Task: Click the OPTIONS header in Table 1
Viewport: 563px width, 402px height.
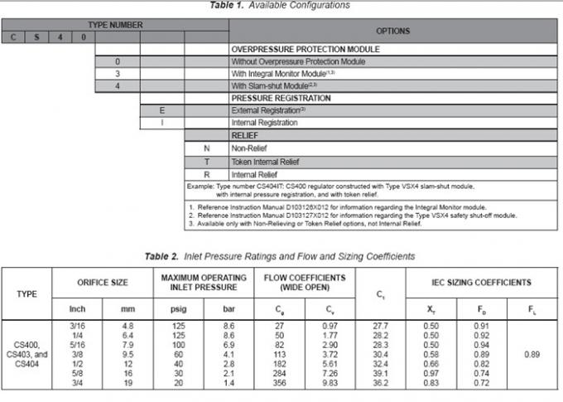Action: click(x=392, y=31)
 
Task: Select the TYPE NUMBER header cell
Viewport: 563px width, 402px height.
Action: click(x=115, y=25)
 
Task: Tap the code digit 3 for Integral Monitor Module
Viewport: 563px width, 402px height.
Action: click(x=118, y=74)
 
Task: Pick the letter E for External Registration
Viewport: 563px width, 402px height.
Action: click(x=162, y=110)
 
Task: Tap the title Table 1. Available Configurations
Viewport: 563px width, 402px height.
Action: click(x=281, y=5)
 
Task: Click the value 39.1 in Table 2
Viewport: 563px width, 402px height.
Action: click(x=380, y=375)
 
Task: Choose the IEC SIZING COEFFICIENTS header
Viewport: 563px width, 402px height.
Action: click(x=479, y=283)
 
